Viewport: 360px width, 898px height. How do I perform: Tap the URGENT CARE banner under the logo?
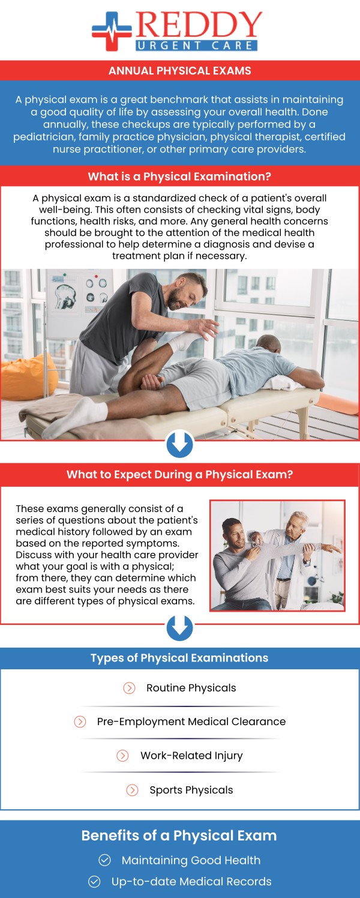[x=197, y=44]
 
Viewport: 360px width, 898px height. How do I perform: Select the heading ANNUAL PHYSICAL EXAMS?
[x=180, y=71]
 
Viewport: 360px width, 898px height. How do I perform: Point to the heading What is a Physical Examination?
[x=179, y=176]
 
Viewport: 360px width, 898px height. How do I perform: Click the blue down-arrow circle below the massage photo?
[x=179, y=445]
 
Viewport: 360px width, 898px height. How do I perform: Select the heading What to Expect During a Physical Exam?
[x=179, y=474]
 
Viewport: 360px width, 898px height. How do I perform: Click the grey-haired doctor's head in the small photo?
[x=295, y=523]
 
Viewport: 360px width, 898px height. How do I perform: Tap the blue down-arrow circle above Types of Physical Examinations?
[x=179, y=627]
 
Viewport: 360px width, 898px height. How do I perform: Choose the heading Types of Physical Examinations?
[x=179, y=658]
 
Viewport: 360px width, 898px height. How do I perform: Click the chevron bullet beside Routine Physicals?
[x=129, y=688]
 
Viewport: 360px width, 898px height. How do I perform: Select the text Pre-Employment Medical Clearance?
[x=191, y=722]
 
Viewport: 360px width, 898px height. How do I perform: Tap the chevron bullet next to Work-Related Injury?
[x=123, y=756]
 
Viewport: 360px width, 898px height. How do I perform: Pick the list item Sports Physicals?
[x=191, y=790]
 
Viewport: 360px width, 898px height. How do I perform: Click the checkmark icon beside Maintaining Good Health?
[x=105, y=860]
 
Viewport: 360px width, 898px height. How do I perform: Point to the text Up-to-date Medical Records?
[x=191, y=882]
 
